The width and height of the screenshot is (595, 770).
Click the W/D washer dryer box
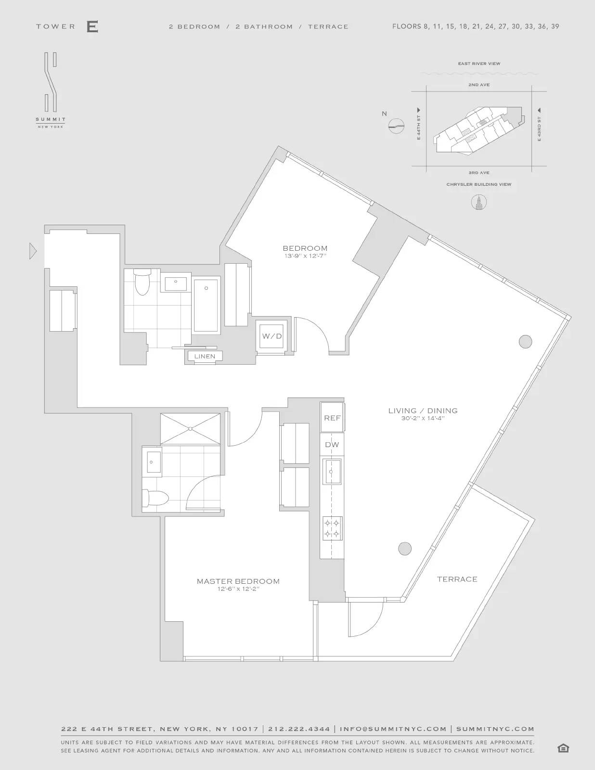click(x=272, y=336)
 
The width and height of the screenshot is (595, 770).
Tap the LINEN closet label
click(x=205, y=357)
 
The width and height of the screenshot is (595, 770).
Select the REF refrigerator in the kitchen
click(x=332, y=418)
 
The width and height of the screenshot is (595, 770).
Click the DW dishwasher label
click(x=332, y=445)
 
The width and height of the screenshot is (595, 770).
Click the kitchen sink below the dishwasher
click(x=332, y=471)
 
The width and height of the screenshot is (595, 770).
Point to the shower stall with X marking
click(x=191, y=428)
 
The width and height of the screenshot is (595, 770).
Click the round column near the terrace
click(x=405, y=548)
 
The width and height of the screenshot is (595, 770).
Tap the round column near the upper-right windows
click(x=525, y=342)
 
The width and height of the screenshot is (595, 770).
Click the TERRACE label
click(x=457, y=579)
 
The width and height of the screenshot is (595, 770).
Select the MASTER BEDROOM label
click(x=238, y=581)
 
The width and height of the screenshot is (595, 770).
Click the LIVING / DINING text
click(x=423, y=411)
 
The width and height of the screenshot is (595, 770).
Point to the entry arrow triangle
click(x=33, y=251)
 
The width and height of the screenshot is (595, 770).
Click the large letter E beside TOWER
click(x=92, y=26)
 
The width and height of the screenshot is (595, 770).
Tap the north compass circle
click(x=396, y=126)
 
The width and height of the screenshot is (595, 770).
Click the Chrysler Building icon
click(x=479, y=202)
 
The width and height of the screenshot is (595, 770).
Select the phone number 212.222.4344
click(x=299, y=729)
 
